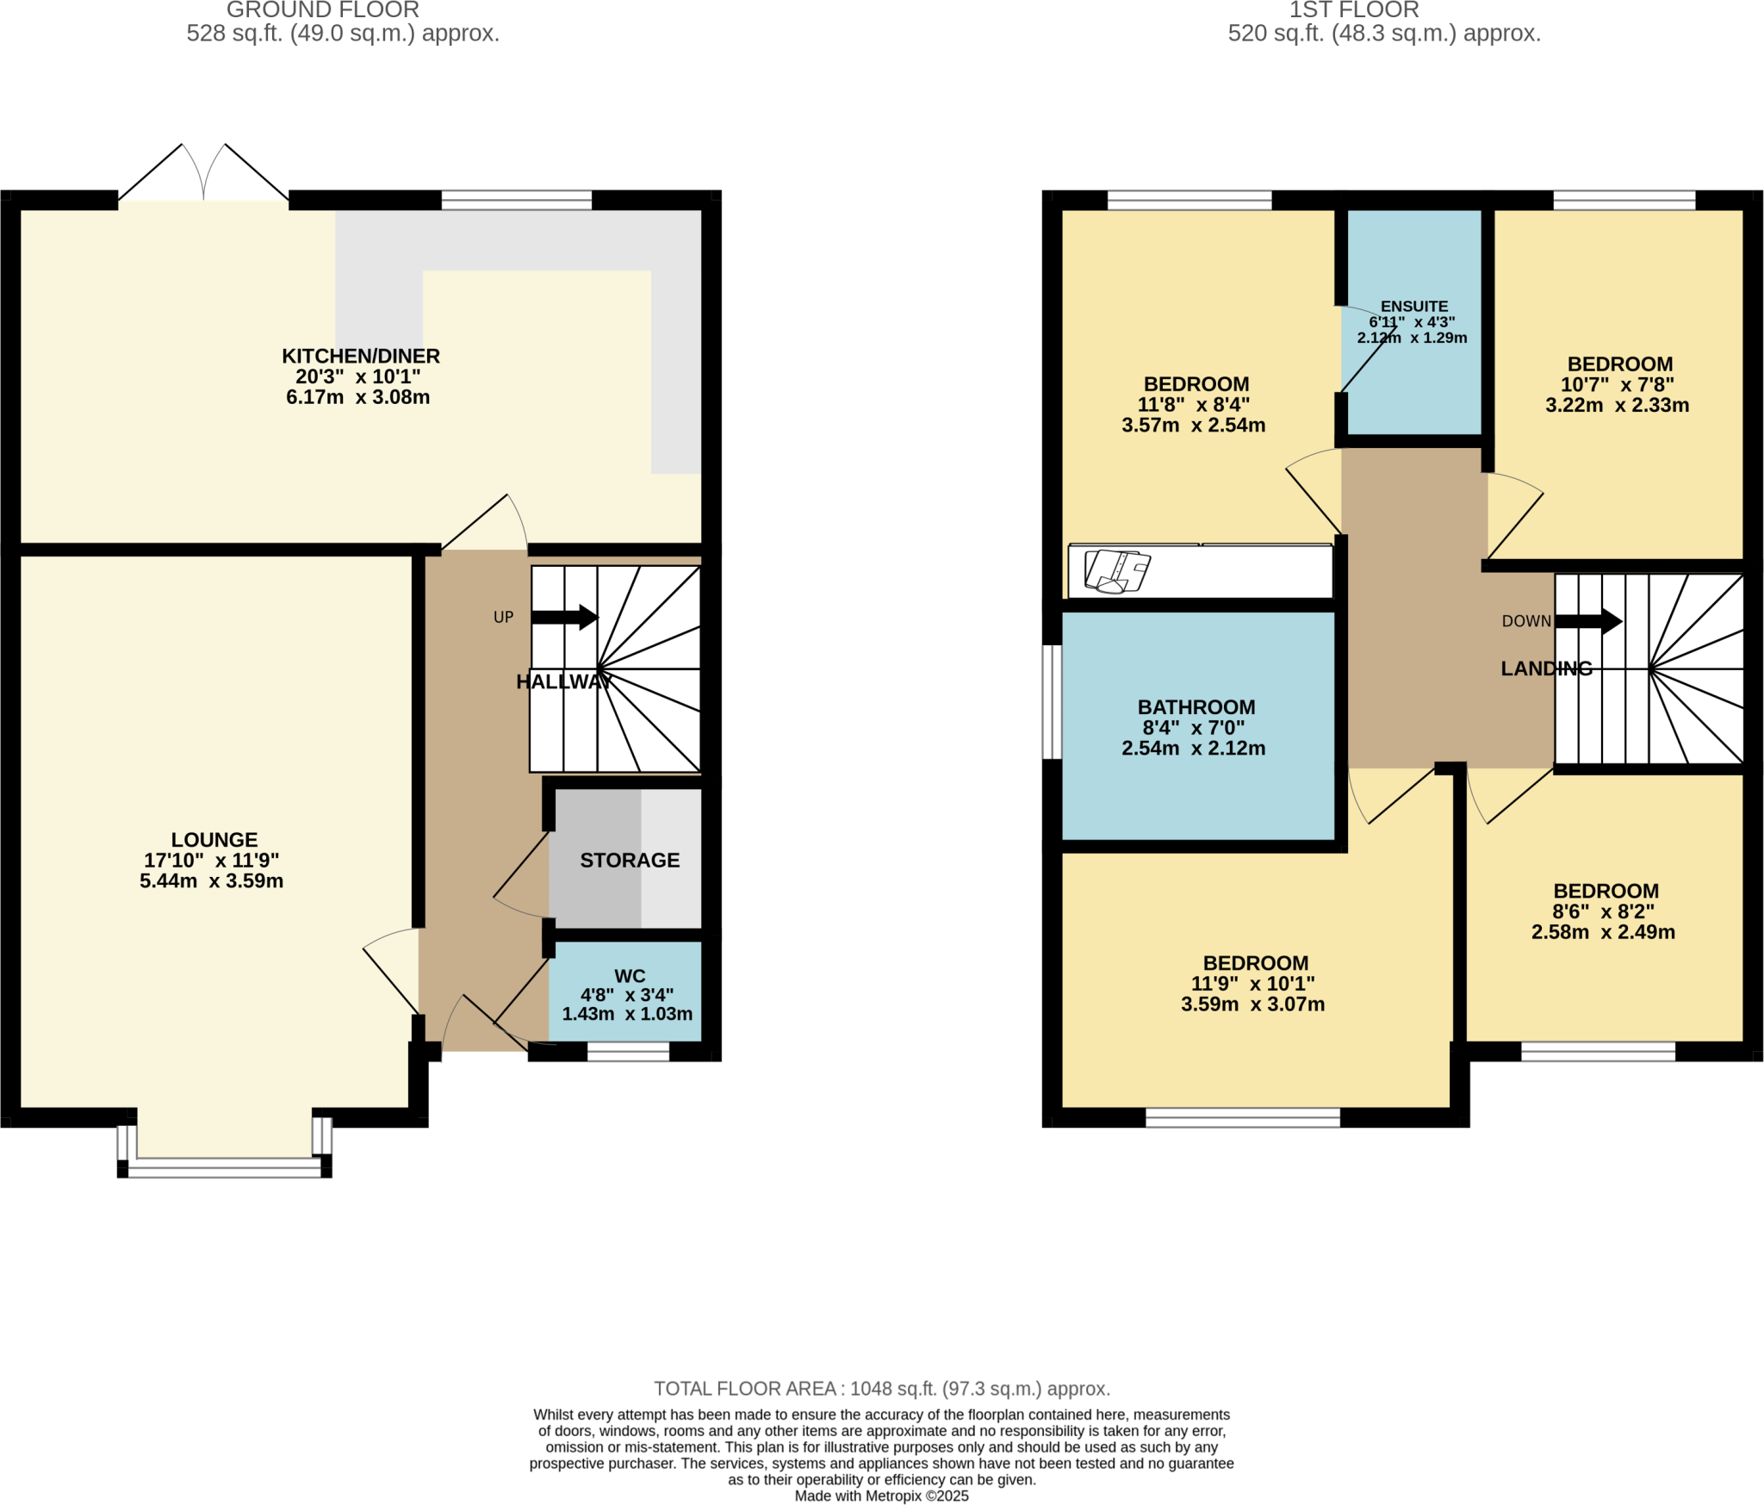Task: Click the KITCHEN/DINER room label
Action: [360, 356]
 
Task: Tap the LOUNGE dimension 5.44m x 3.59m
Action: [211, 880]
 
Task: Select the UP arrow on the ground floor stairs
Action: [564, 617]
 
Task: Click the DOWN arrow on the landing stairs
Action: [1588, 620]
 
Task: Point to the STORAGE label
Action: [630, 860]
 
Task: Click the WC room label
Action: [630, 975]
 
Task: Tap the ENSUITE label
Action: [1413, 306]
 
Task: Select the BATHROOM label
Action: [1196, 706]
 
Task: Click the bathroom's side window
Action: [1052, 701]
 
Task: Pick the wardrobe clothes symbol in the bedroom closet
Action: [1117, 571]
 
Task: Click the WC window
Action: [628, 1051]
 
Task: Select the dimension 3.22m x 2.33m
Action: [1617, 405]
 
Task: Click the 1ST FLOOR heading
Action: [1354, 10]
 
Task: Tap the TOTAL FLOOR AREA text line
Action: [881, 1388]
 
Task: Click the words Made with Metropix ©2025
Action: [881, 1496]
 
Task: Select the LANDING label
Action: [1546, 669]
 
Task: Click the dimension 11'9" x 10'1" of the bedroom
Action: [1252, 983]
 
